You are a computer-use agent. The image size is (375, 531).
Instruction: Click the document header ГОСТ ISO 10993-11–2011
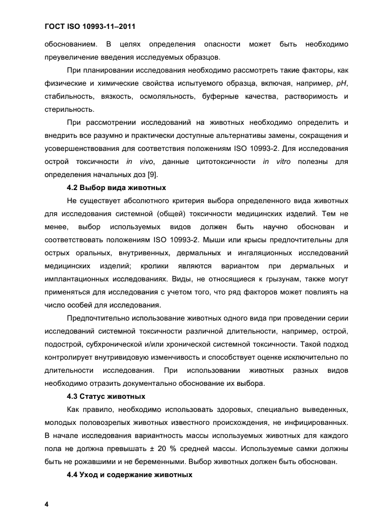coord(91,27)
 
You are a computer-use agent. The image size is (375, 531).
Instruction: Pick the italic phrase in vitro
coord(273,162)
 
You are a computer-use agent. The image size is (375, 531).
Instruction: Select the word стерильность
coord(69,109)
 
